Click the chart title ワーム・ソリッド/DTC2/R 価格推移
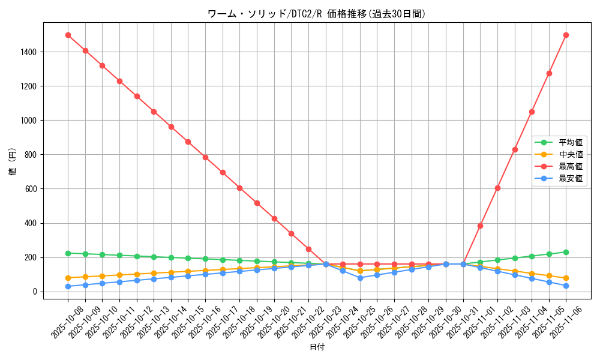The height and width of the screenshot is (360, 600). [316, 14]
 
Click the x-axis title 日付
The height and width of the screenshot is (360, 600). [317, 347]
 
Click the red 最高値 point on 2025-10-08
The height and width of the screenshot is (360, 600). [68, 35]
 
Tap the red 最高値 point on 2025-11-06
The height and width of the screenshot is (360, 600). [566, 35]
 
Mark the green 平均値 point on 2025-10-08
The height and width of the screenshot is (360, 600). [68, 253]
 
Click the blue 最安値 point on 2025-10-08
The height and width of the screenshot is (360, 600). [68, 286]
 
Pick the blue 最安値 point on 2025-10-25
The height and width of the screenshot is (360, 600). [360, 278]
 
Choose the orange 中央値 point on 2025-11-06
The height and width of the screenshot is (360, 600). [566, 278]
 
